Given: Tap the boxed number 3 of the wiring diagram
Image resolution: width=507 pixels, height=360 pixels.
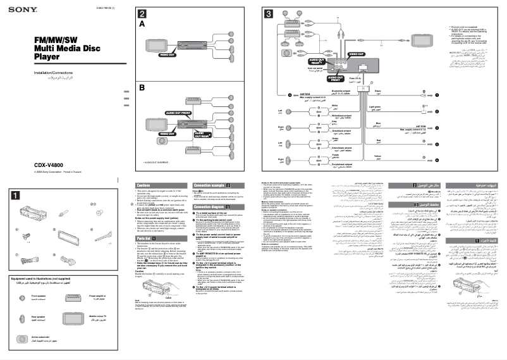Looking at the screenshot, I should click(x=269, y=14).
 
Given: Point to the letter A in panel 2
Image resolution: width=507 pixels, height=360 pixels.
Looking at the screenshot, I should click(x=142, y=23).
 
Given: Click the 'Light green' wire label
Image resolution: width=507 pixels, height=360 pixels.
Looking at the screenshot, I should click(x=376, y=108).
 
